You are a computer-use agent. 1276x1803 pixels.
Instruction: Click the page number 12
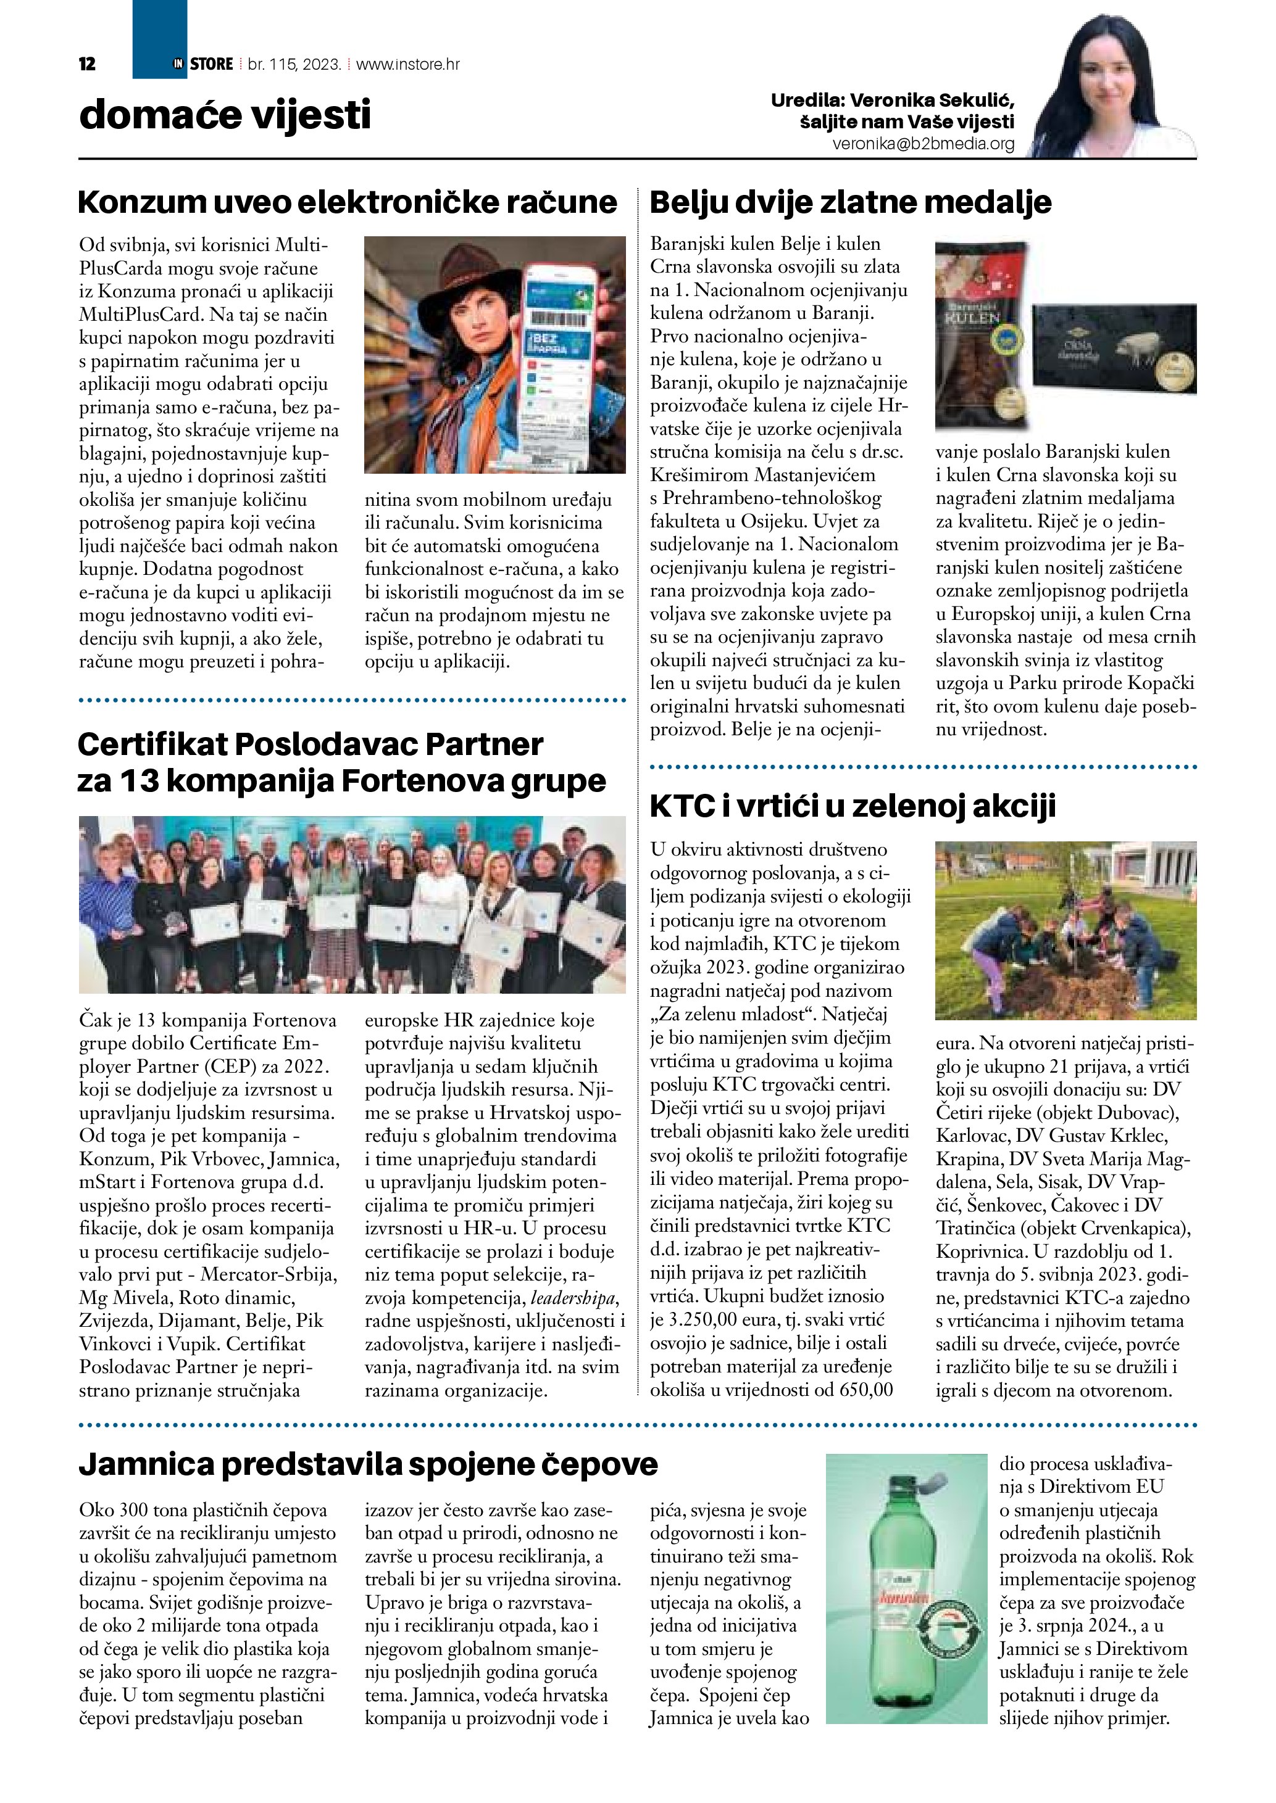[87, 64]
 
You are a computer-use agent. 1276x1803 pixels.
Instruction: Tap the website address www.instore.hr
[408, 64]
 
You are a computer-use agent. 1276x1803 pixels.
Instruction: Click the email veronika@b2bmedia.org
[924, 144]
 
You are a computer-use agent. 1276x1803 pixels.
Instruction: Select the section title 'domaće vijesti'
[225, 115]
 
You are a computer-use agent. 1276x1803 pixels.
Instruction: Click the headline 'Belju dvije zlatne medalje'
[851, 202]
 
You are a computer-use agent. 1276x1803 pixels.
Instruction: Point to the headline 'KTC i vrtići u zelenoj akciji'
[853, 806]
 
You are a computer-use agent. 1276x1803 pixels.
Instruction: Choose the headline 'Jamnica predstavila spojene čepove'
[369, 1464]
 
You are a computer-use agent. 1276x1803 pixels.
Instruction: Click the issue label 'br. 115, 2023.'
[294, 64]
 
